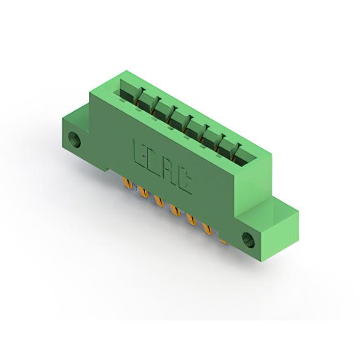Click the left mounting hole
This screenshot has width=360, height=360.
tap(75, 139)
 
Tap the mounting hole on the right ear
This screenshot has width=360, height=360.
tap(249, 240)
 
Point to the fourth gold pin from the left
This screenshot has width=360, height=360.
tap(175, 210)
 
